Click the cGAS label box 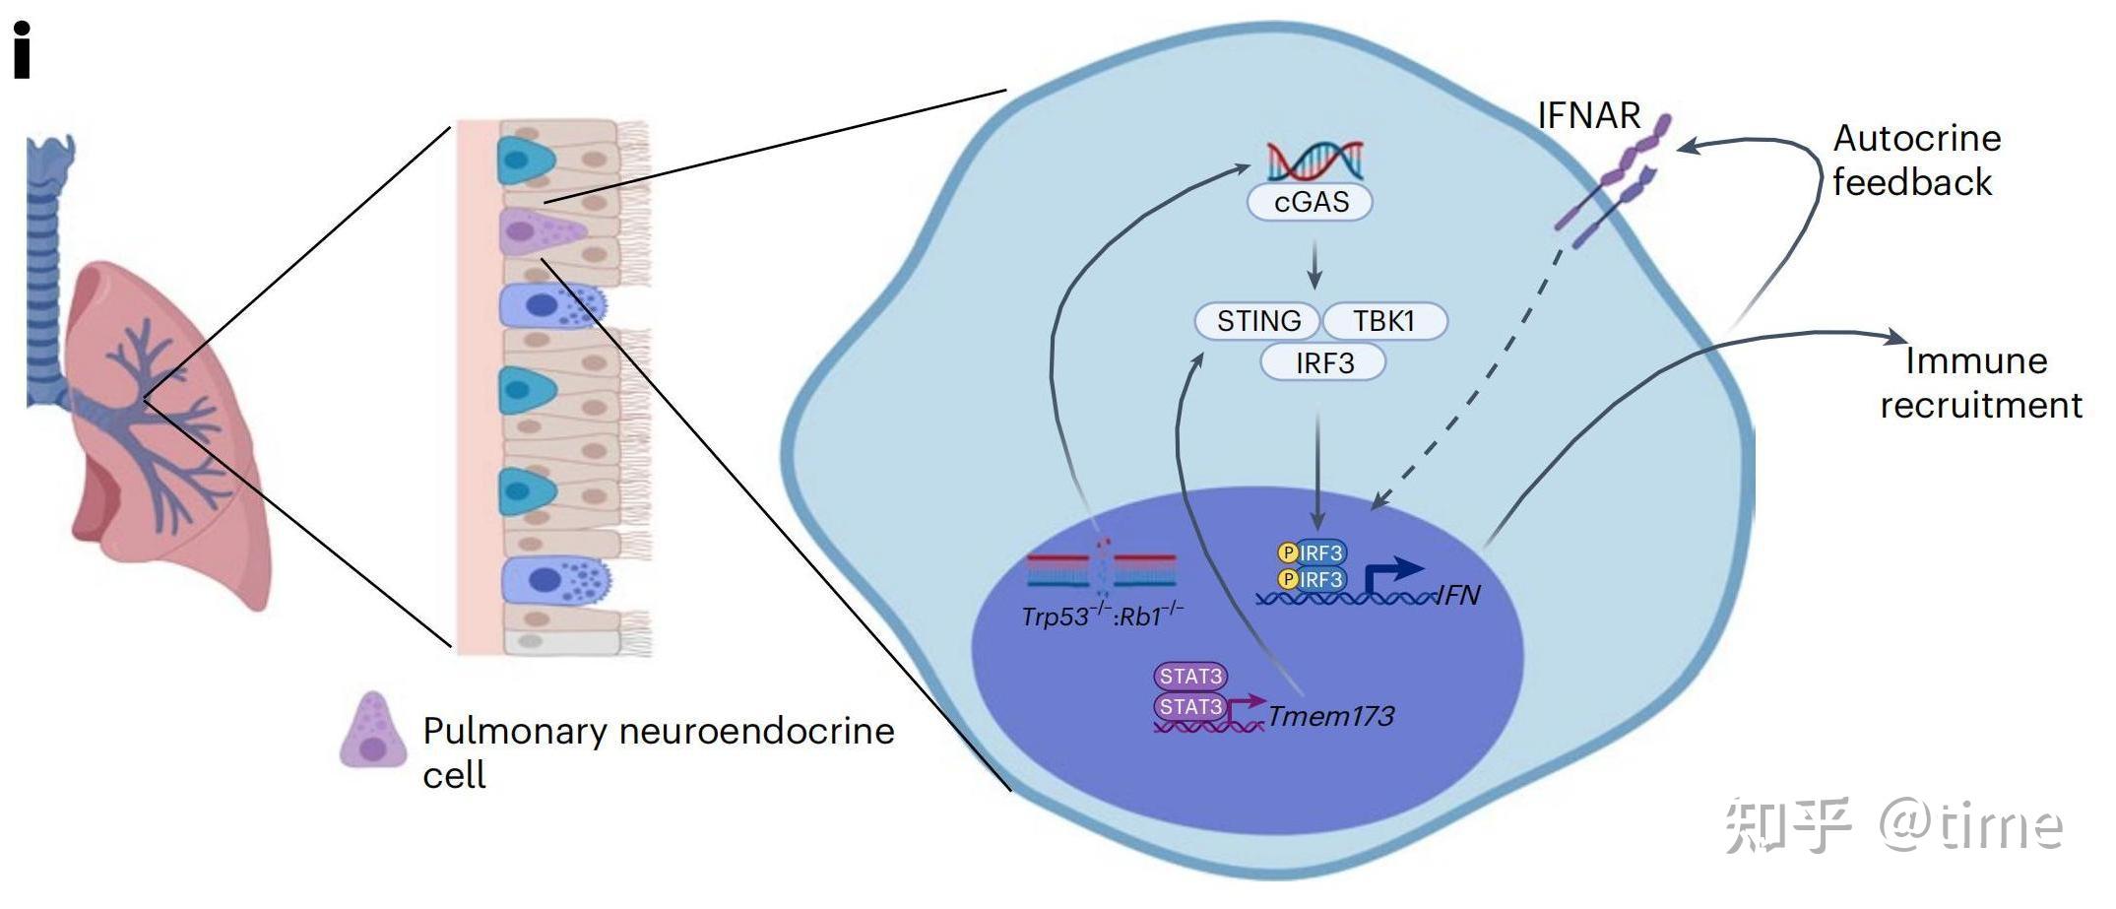(x=1310, y=202)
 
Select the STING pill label (x=1257, y=321)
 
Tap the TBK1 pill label (x=1383, y=321)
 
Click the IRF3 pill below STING (x=1323, y=363)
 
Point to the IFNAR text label (x=1588, y=116)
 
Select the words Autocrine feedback (x=1915, y=161)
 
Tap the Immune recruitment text (x=1979, y=383)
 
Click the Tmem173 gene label (x=1330, y=716)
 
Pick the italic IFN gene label (x=1458, y=595)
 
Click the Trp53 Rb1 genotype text (x=1102, y=617)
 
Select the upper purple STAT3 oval (x=1189, y=677)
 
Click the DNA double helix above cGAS (x=1314, y=161)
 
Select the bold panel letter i (x=22, y=51)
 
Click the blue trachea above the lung (x=45, y=246)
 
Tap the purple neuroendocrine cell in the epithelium (x=537, y=232)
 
